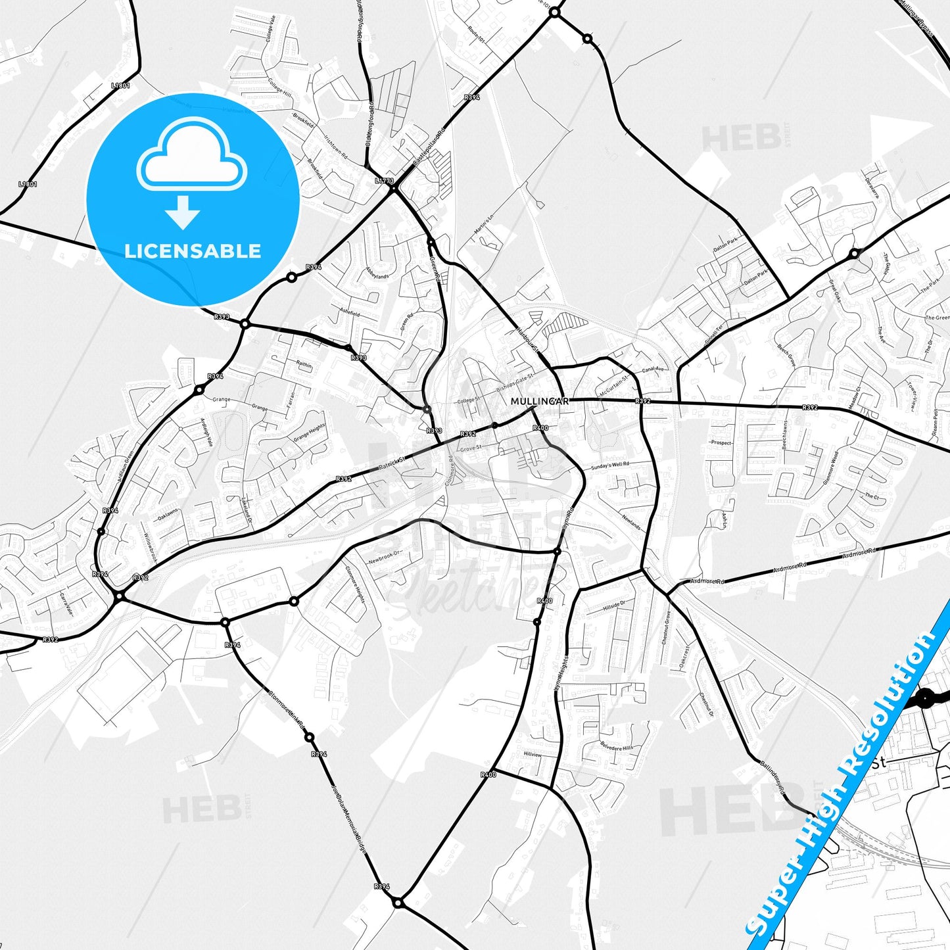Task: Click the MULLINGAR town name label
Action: point(539,401)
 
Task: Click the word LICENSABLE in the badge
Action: point(193,251)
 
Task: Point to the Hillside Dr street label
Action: point(614,606)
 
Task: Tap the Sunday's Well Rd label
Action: point(609,466)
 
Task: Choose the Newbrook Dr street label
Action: point(385,558)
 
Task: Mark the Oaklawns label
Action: point(168,514)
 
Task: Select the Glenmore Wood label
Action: point(830,467)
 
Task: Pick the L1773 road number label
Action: point(384,180)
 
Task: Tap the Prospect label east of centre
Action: point(721,442)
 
